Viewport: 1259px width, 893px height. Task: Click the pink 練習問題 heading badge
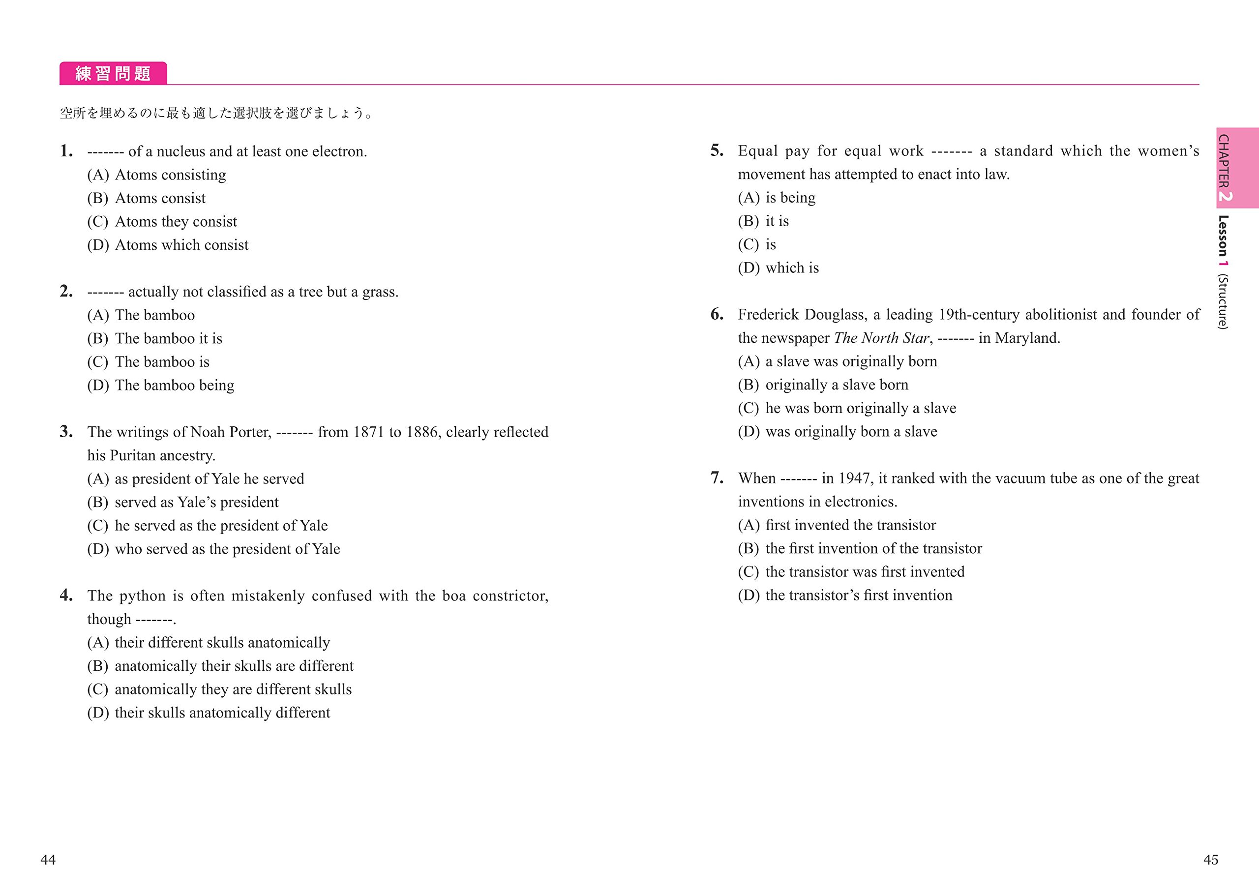coord(113,73)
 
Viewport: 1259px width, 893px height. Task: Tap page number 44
coord(48,860)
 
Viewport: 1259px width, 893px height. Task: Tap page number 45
coord(1211,860)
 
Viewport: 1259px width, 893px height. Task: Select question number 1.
coord(66,150)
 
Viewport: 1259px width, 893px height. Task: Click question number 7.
coord(717,477)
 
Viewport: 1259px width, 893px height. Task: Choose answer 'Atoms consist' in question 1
coord(159,198)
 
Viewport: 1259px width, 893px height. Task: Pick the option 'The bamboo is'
coord(162,362)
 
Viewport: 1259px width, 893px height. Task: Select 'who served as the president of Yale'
coord(227,549)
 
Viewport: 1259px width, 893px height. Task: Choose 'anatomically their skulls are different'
coord(234,666)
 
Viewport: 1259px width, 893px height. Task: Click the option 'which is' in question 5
coord(792,268)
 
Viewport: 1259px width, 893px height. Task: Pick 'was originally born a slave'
coord(851,432)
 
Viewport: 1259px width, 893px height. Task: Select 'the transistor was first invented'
coord(865,572)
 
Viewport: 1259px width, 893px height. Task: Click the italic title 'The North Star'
coord(881,338)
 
